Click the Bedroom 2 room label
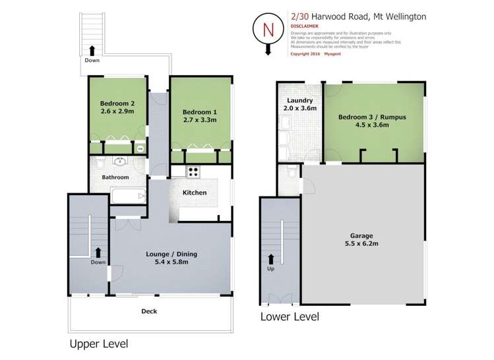point(117,104)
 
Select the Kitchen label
point(195,193)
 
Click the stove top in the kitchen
point(195,172)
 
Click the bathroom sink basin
point(120,162)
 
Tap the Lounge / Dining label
point(171,254)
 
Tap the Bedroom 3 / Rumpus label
point(372,117)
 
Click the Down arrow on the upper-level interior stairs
point(97,251)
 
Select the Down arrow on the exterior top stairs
point(92,49)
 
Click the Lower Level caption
point(290,317)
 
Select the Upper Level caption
point(98,344)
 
